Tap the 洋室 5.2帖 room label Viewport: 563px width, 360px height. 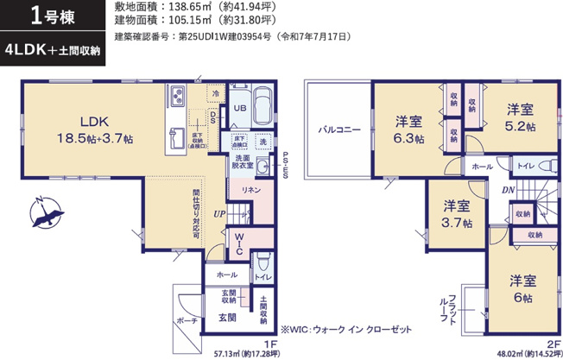[520, 117]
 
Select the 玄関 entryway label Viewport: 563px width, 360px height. [227, 318]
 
